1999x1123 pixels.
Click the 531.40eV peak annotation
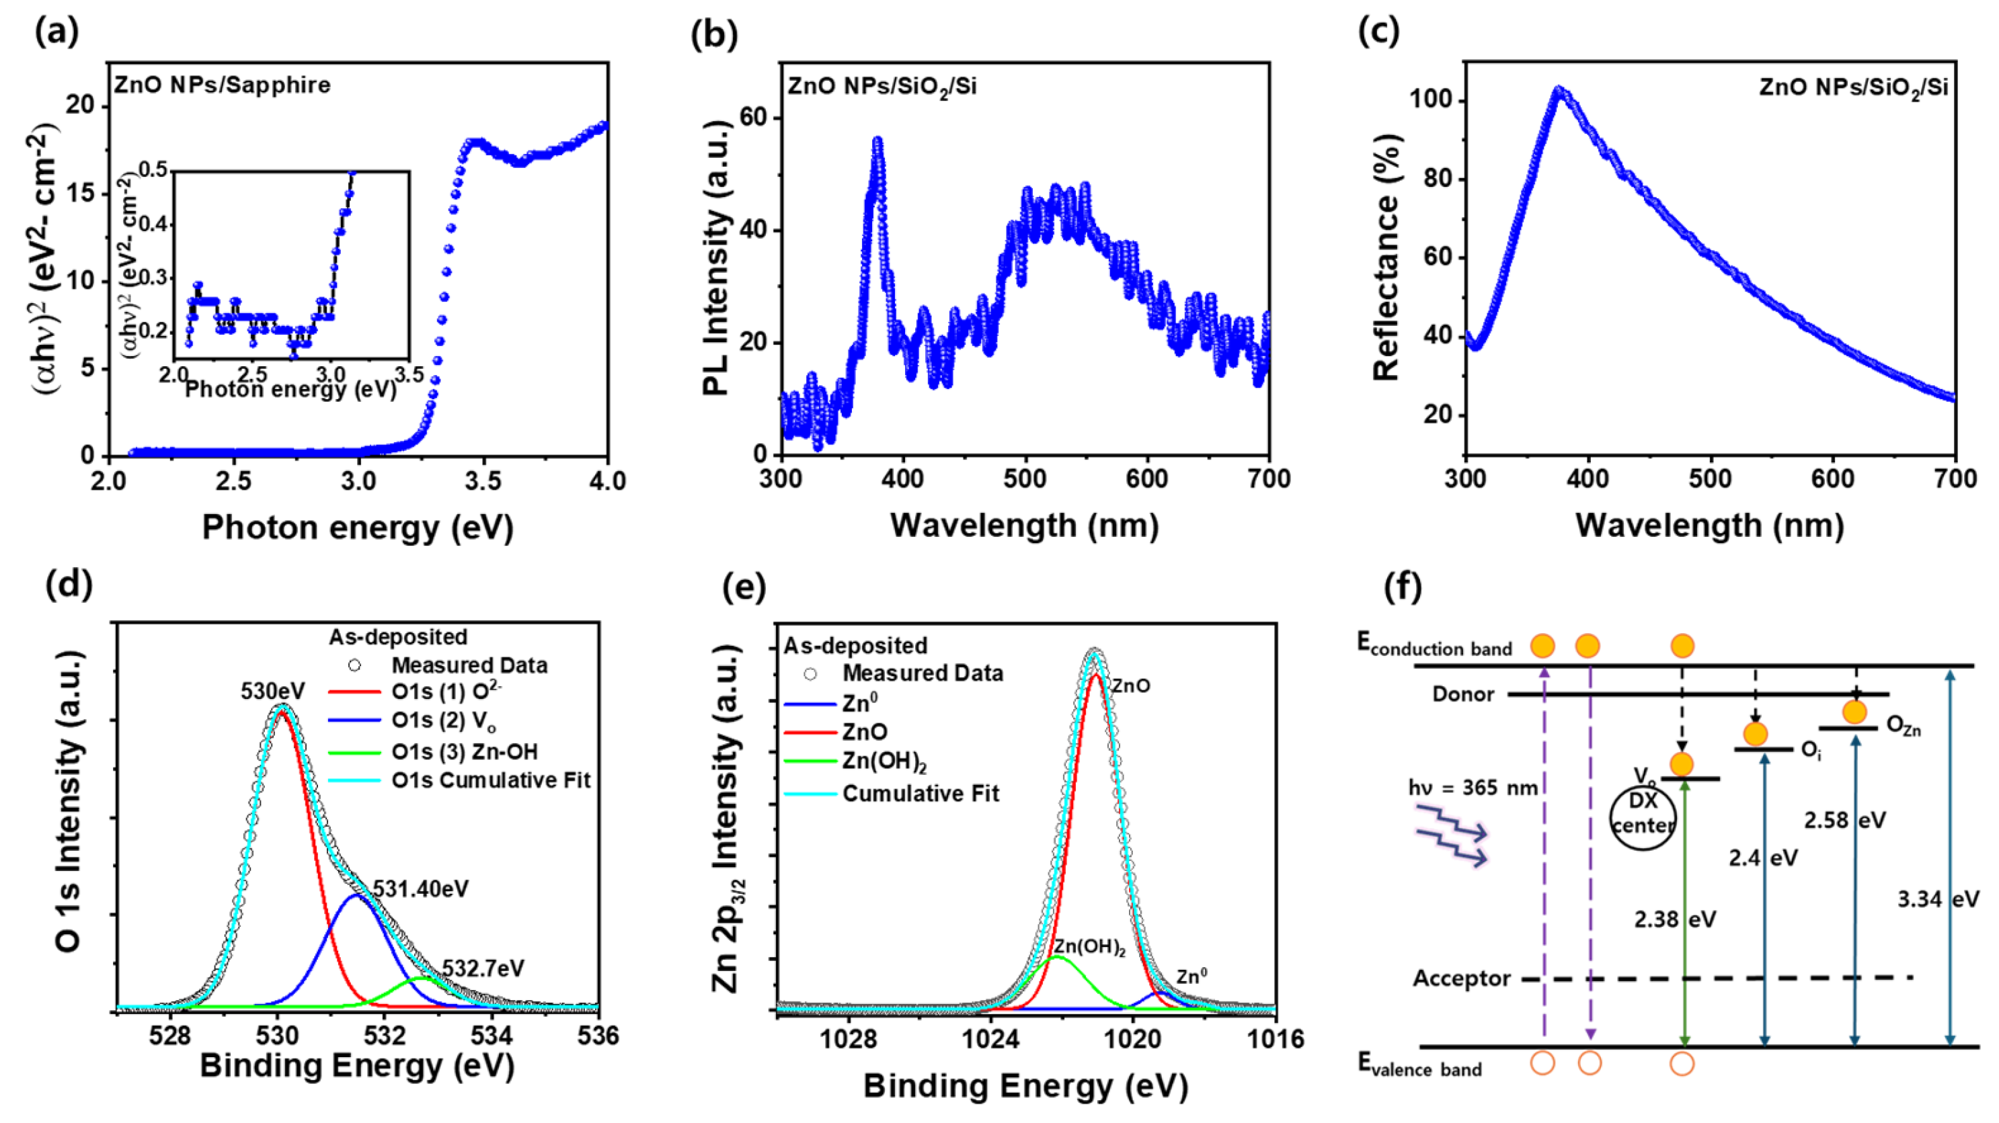421,888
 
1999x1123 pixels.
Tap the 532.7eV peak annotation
483,968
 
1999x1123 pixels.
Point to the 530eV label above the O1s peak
272,691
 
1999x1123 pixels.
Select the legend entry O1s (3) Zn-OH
464,751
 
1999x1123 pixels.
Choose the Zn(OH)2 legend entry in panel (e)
885,762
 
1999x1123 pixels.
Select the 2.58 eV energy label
1844,821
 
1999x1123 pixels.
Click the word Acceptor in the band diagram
1461,979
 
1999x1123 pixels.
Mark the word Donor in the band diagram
1463,694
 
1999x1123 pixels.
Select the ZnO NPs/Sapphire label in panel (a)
222,85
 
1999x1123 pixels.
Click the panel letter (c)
1378,31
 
